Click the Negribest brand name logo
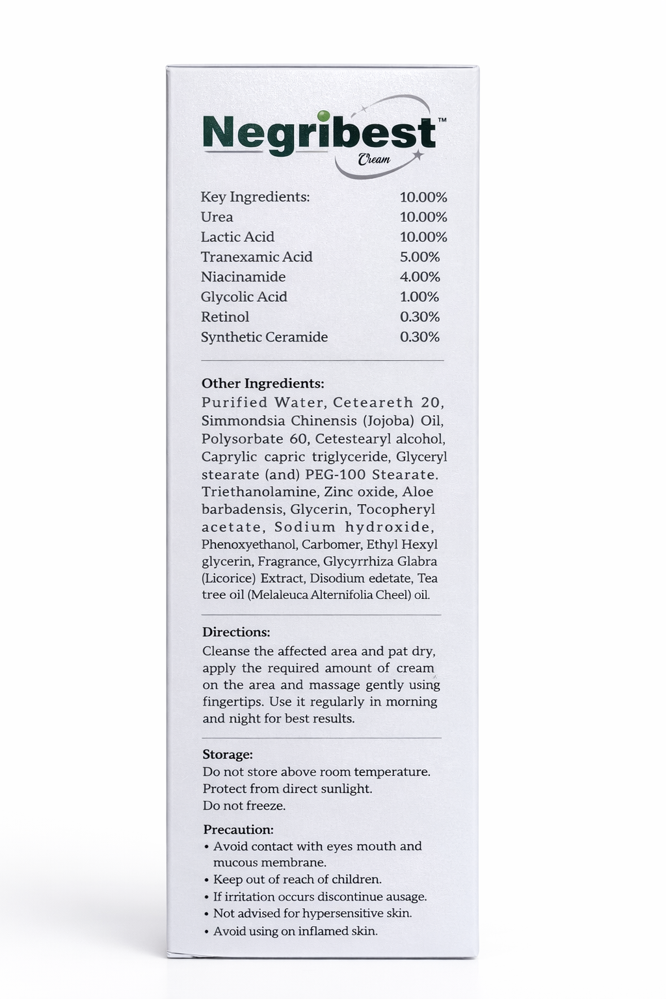(x=319, y=134)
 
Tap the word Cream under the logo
(x=374, y=159)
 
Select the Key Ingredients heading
(x=255, y=197)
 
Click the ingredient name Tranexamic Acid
(x=256, y=257)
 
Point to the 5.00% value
(x=420, y=257)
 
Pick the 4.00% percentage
(x=420, y=277)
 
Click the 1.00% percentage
(x=420, y=297)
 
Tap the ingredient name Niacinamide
(x=243, y=277)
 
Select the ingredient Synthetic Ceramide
(x=264, y=337)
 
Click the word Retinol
(x=224, y=317)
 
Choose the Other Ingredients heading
(x=263, y=384)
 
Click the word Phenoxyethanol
(x=249, y=544)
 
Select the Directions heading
(x=236, y=632)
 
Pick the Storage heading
(x=228, y=754)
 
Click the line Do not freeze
(x=244, y=806)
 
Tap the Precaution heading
(x=238, y=830)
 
